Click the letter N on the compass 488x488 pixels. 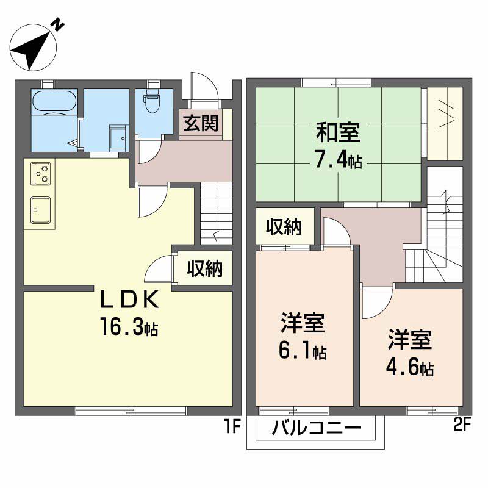(57, 24)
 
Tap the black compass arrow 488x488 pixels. (32, 51)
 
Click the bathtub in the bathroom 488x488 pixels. (54, 101)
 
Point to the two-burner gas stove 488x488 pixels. (41, 173)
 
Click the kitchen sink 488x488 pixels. (40, 210)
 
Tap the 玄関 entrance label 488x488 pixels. (201, 123)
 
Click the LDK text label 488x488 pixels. (129, 299)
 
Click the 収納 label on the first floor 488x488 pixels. (205, 268)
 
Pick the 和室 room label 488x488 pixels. (338, 132)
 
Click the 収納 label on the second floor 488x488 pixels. (284, 226)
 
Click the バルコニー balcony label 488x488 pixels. (317, 428)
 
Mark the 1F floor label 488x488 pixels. (232, 426)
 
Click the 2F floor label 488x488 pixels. (462, 425)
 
